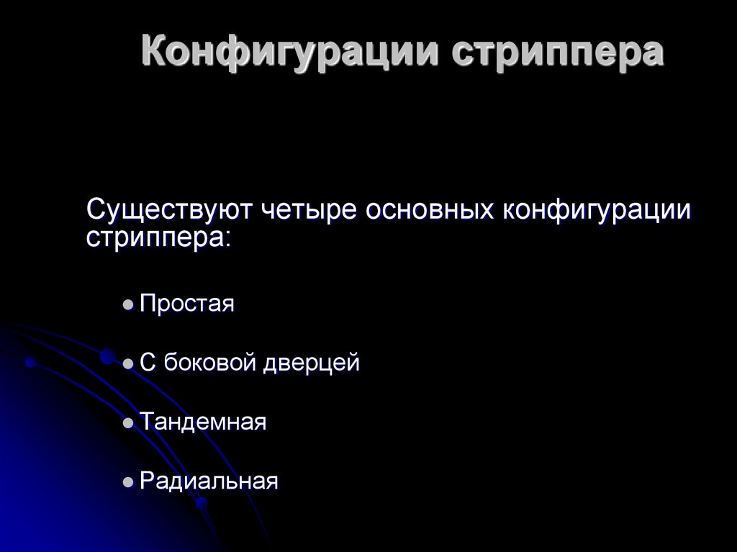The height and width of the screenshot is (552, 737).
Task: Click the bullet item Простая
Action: pos(188,304)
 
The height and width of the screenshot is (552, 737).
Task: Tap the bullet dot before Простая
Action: pos(128,306)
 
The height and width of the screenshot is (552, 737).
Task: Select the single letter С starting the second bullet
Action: pos(148,363)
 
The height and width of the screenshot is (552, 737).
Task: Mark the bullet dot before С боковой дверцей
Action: pos(128,366)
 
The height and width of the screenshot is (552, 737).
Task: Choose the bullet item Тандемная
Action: pos(204,422)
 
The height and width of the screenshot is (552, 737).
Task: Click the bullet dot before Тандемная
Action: pos(128,425)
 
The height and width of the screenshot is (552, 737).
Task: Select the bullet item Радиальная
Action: pos(209,481)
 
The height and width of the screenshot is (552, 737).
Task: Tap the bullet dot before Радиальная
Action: pos(128,483)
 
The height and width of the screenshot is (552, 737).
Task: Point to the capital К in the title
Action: pos(154,53)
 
